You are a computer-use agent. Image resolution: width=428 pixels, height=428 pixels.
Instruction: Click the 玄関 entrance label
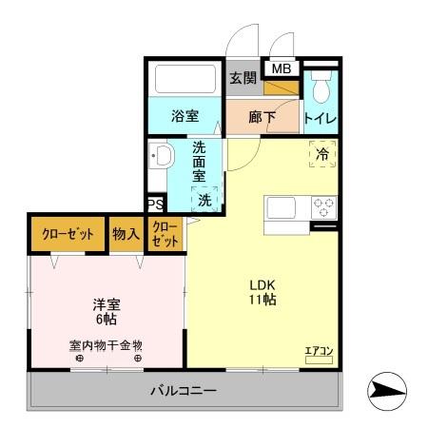(243, 77)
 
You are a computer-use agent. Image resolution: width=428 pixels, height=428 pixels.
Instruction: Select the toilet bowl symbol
(321, 88)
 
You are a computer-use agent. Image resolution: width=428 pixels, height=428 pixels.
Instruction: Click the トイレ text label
(321, 119)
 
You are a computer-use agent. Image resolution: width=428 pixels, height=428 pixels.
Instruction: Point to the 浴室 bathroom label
(185, 117)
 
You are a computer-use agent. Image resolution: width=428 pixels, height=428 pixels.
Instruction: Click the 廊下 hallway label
(263, 119)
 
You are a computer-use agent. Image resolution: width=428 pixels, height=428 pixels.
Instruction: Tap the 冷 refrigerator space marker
(322, 153)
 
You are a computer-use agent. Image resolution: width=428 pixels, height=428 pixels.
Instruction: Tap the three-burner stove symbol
(324, 207)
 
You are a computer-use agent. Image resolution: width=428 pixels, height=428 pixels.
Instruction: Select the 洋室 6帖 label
(107, 313)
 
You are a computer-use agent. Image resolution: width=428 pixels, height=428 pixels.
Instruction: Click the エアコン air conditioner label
(319, 352)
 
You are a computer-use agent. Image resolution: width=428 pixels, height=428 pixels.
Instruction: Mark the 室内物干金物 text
(106, 345)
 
